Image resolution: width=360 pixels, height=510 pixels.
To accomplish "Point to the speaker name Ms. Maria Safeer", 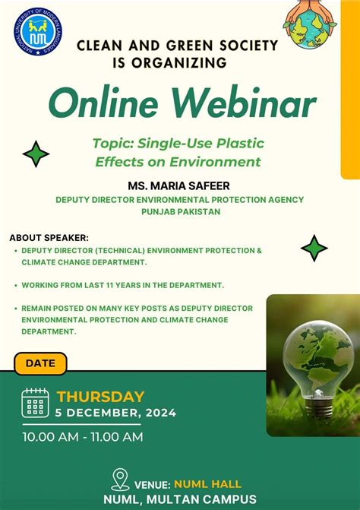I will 180,185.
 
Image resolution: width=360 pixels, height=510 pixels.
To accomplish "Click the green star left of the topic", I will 36,154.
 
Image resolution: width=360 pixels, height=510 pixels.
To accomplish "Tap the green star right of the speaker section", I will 314,248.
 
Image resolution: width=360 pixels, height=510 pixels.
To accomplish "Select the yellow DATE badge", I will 41,363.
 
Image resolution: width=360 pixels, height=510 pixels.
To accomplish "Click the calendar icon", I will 35,403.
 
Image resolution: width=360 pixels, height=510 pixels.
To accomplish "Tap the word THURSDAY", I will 100,396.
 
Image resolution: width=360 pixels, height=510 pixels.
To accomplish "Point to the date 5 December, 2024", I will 115,413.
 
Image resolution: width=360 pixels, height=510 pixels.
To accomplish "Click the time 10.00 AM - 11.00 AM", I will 82,437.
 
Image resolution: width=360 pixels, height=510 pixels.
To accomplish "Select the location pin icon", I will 119,479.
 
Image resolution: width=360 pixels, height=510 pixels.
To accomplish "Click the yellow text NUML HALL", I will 208,483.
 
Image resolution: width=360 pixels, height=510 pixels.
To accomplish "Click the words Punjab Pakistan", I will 180,212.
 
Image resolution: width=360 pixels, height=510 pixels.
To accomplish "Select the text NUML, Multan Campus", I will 180,499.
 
